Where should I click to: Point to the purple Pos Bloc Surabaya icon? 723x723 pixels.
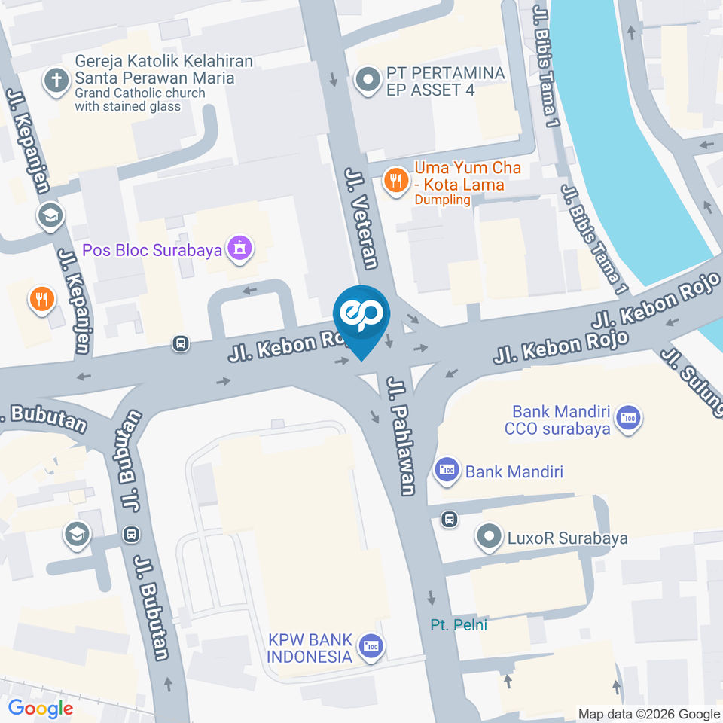coord(240,248)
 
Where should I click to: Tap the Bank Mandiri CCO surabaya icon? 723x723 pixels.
coord(627,418)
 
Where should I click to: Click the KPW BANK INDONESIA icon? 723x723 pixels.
coord(371,646)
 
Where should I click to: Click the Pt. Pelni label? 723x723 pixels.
coord(459,624)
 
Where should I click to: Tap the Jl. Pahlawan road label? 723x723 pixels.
coord(401,437)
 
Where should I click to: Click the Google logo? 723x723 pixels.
coord(41,708)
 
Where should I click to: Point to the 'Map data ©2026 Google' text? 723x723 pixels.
coord(648,714)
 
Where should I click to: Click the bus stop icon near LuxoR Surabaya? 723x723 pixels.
coord(450,519)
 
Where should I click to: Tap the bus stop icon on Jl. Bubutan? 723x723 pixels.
coord(132,534)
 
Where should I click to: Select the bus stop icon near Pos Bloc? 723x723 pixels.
coord(181,343)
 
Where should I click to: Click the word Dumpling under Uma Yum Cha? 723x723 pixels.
coord(442,200)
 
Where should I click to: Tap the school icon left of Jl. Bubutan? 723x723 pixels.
coord(78,535)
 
